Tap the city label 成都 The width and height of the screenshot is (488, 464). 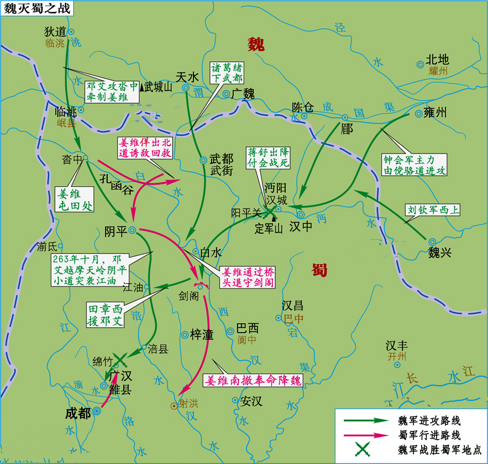[77, 413]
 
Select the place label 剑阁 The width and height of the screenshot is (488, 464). [188, 296]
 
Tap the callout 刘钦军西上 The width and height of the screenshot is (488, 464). [433, 210]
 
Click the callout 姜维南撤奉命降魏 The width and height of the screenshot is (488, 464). [254, 381]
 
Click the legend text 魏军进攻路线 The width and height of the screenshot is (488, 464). [429, 420]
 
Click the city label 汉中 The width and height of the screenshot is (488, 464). [301, 226]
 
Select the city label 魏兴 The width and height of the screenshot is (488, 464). [440, 253]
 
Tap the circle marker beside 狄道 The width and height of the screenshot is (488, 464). [71, 32]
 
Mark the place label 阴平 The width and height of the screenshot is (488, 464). [116, 231]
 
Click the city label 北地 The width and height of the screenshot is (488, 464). [437, 60]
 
